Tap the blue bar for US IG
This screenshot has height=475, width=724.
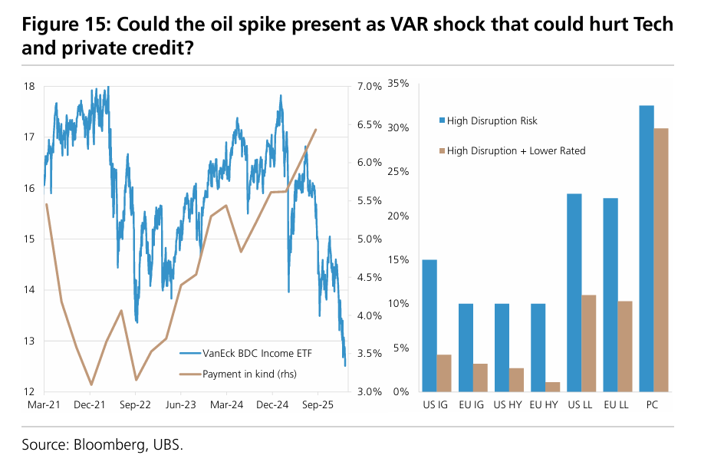point(429,325)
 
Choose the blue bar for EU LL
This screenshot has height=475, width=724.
point(610,295)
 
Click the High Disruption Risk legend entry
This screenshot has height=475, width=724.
point(492,121)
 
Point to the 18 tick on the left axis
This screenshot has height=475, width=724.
point(29,86)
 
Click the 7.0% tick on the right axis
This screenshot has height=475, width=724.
point(369,86)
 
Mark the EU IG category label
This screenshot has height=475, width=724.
point(471,404)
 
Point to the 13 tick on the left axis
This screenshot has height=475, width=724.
point(29,341)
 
